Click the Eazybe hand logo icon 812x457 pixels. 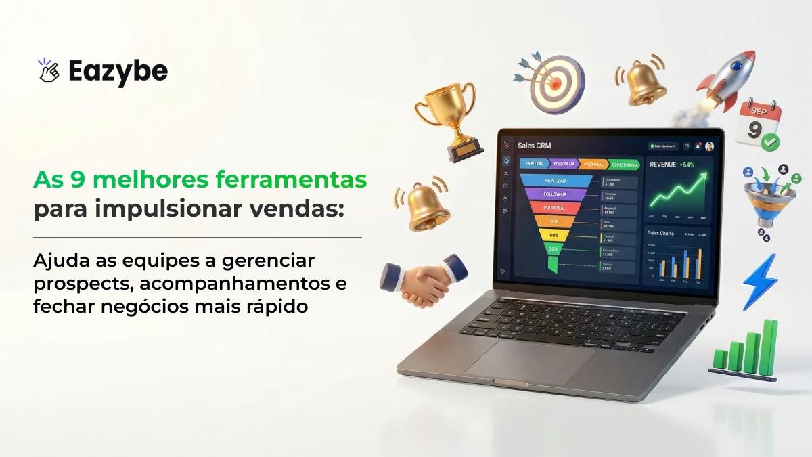point(49,70)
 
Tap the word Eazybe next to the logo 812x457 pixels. point(118,71)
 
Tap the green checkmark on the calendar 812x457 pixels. point(769,142)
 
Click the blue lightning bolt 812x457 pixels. point(760,281)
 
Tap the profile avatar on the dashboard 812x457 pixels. point(709,146)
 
